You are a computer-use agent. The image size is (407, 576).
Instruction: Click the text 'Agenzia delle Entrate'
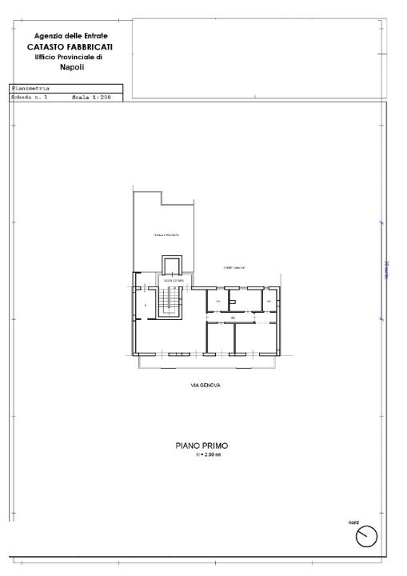point(71,36)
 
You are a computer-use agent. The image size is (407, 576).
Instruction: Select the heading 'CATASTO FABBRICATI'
point(70,46)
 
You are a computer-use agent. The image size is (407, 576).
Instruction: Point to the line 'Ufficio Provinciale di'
point(70,57)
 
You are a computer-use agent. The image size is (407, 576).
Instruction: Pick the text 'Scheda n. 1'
point(30,96)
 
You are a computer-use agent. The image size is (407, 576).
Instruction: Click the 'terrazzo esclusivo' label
point(166,234)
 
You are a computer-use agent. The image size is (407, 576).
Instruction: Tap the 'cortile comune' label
point(233,267)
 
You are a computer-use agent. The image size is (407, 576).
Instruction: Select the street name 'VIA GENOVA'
point(205,385)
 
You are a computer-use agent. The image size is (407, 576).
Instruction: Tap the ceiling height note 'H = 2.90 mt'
point(206,456)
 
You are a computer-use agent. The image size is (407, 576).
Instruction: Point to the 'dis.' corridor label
point(233,318)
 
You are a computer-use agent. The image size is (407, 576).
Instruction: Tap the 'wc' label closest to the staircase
point(217,301)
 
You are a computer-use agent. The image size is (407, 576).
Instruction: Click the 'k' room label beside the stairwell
point(146,305)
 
